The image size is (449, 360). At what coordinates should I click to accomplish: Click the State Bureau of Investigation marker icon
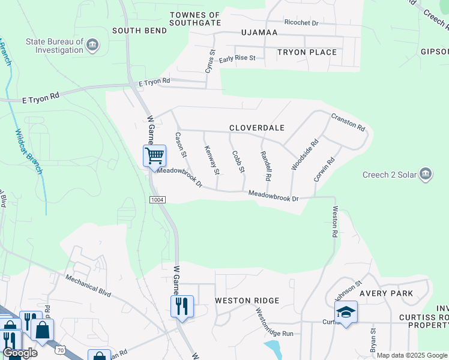92,46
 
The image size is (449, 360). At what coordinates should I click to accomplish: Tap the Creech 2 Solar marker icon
426,175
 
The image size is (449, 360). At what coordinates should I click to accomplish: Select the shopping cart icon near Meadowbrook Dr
154,156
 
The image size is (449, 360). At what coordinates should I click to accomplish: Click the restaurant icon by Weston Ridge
182,306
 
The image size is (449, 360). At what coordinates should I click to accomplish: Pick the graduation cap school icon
346,312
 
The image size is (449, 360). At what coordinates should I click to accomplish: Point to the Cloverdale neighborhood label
256,128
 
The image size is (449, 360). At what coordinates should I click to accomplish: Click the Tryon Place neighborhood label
307,52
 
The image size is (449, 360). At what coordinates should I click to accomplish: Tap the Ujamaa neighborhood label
259,32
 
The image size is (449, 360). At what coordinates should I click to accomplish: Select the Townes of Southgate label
195,19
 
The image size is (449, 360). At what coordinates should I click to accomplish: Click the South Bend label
134,30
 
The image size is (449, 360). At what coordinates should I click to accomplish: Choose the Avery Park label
386,293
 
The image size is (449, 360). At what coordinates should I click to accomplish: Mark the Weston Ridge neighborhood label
247,300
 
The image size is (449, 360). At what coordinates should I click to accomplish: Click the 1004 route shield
157,199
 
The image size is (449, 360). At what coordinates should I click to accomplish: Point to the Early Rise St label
237,59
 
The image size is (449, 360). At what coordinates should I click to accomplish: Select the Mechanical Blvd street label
88,283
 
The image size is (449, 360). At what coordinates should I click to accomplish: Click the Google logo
20,353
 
